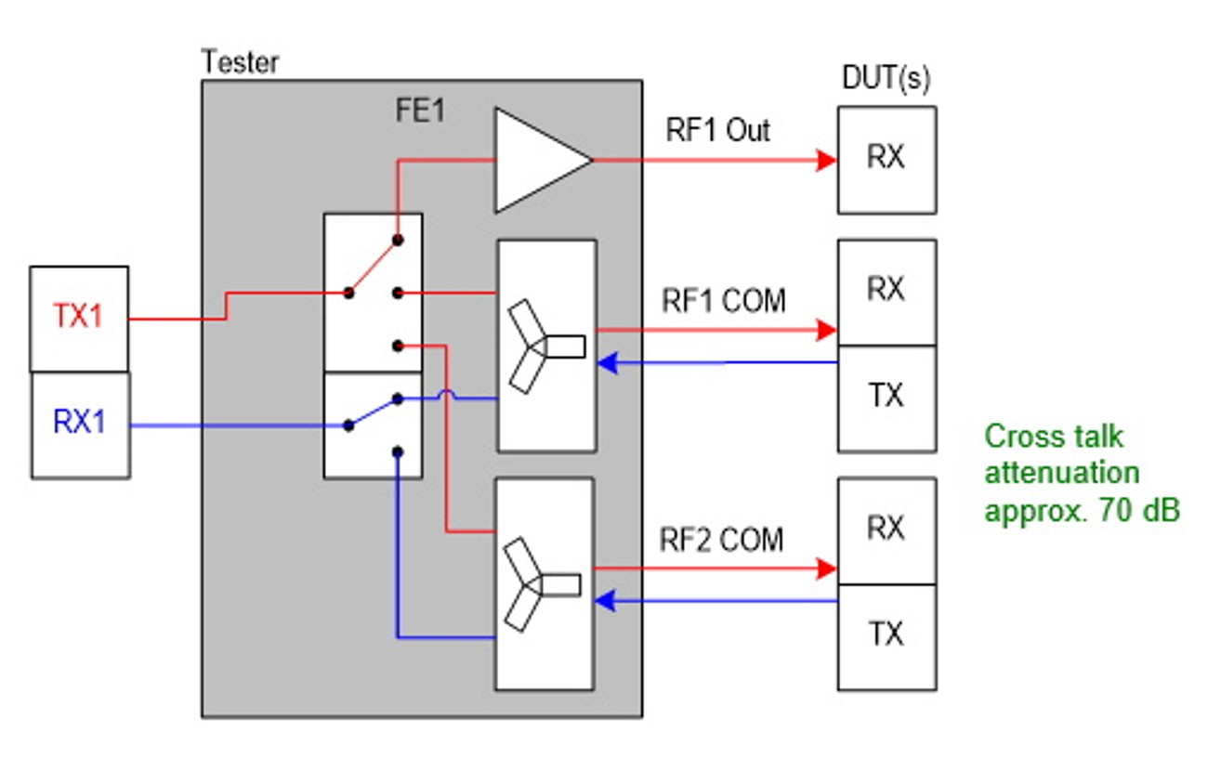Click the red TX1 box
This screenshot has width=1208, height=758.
pos(79,319)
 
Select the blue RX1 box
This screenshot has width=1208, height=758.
pos(80,425)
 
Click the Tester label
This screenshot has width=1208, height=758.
pos(240,63)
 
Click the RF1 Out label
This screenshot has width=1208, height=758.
pos(717,131)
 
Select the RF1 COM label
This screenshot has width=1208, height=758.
pos(723,301)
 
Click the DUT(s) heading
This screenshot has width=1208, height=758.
pos(886,80)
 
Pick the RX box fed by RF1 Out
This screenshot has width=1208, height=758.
pos(886,160)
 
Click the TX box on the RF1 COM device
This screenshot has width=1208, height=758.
pos(886,399)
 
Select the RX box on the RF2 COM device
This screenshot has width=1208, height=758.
pos(886,530)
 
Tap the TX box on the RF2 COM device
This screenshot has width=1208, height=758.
pos(886,636)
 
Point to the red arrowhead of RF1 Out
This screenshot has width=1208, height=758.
pos(826,160)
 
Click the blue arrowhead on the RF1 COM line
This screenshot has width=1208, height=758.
pos(606,363)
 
